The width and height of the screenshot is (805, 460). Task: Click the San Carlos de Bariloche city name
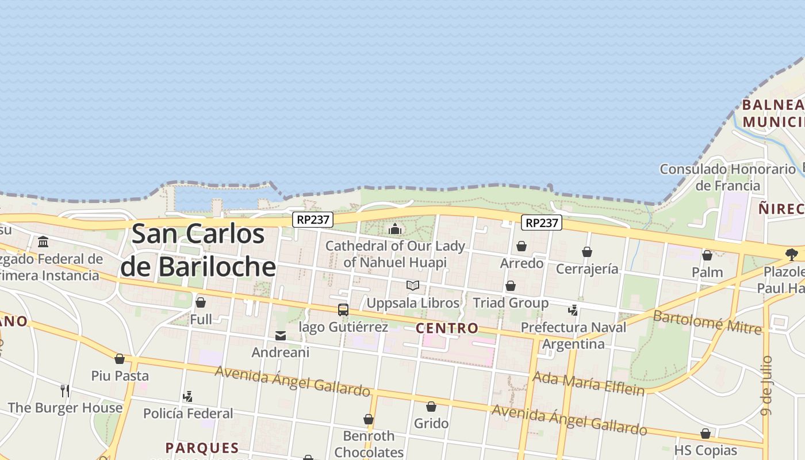tap(198, 250)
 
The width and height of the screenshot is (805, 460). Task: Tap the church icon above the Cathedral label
tap(395, 229)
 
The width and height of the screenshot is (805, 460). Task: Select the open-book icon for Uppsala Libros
tap(413, 285)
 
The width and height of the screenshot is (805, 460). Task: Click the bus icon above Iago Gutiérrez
tap(343, 310)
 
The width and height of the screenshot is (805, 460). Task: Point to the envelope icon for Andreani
tap(281, 336)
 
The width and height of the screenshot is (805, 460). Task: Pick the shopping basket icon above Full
tap(201, 302)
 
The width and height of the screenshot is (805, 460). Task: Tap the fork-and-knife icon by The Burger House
tap(65, 391)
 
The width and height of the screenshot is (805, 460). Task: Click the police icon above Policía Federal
tap(187, 396)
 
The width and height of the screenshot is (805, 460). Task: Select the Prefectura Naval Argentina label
tap(573, 335)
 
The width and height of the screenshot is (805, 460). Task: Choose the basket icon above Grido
tap(431, 407)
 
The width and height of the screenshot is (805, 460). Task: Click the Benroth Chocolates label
tap(369, 443)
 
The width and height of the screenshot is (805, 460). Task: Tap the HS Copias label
tap(706, 450)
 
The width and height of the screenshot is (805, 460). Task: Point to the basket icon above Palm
tap(707, 255)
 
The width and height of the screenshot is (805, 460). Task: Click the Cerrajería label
tap(587, 269)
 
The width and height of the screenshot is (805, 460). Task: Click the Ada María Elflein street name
tap(588, 384)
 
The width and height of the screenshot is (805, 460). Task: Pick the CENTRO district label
tap(447, 328)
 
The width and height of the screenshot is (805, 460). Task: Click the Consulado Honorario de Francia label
tap(727, 177)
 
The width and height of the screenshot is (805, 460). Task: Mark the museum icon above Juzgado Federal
tap(43, 241)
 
